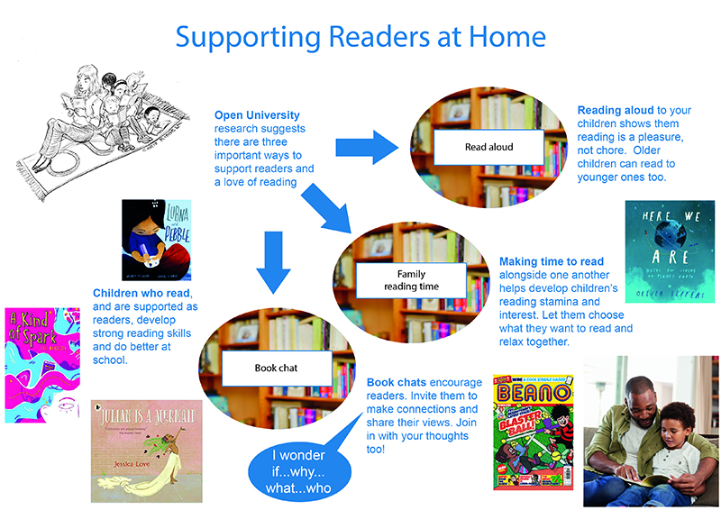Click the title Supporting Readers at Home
tap(360, 37)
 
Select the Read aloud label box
tap(489, 146)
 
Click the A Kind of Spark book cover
tap(41, 364)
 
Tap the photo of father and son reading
tap(649, 431)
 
